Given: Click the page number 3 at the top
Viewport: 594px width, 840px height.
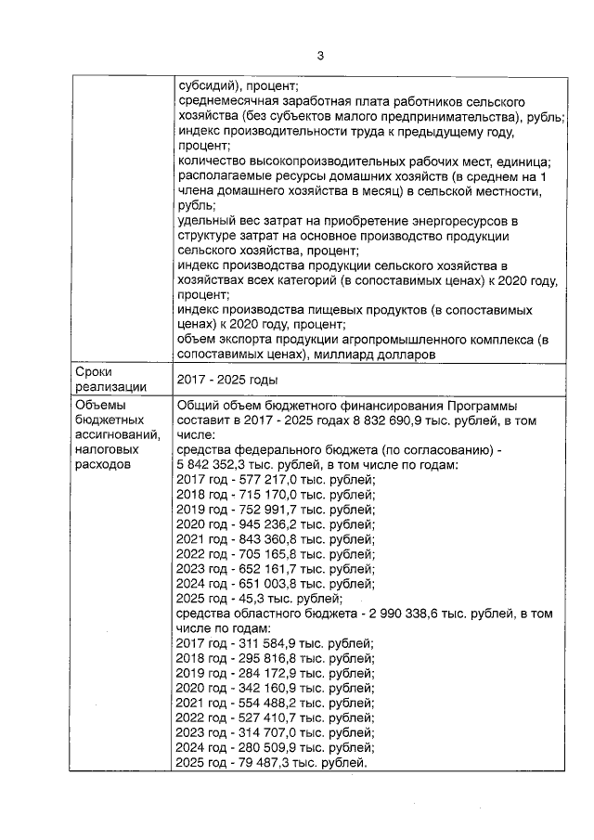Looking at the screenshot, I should (x=320, y=56).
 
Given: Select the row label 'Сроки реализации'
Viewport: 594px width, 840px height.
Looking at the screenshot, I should (x=102, y=379).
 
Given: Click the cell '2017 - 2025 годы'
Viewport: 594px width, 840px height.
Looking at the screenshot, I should (x=227, y=380).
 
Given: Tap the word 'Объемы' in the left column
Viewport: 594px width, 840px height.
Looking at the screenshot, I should (x=97, y=406).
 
